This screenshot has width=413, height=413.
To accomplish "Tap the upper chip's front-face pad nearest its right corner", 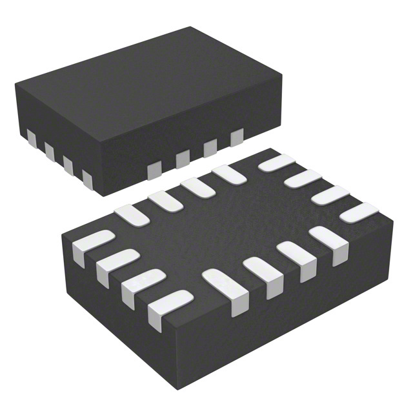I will tap(236, 137).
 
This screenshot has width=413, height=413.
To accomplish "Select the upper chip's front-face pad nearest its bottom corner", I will tap(154, 170).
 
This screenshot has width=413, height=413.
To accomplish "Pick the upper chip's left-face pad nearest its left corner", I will tap(31, 136).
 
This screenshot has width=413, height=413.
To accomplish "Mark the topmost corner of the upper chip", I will tap(191, 27).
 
